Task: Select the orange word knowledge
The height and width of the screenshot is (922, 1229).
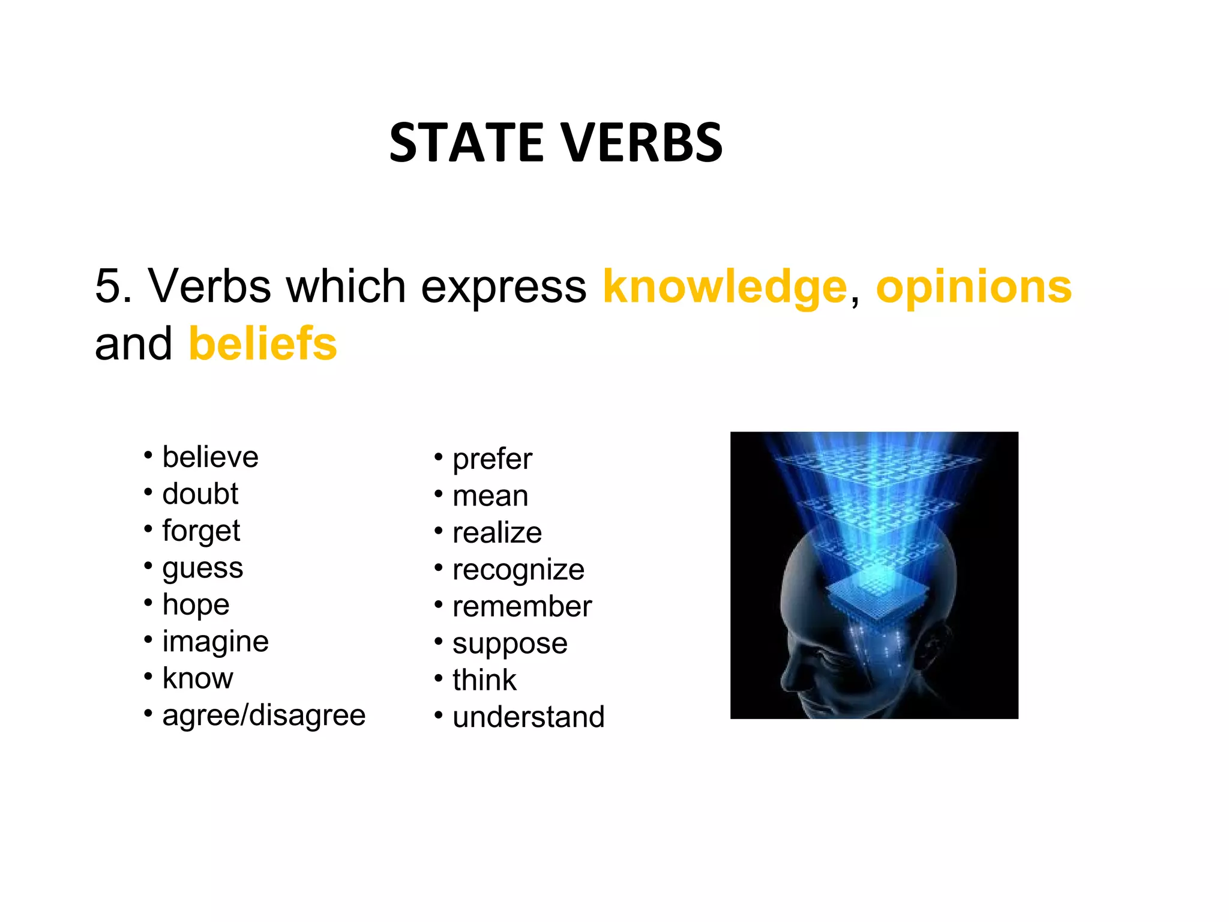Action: pyautogui.click(x=724, y=287)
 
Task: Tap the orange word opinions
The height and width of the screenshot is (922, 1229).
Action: pyautogui.click(x=973, y=287)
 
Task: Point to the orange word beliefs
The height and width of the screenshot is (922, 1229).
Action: pyautogui.click(x=263, y=344)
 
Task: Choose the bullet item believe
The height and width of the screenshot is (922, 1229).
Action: pyautogui.click(x=210, y=457)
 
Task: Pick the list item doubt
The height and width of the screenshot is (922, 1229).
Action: pyautogui.click(x=200, y=494)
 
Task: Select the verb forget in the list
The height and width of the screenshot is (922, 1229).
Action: pyautogui.click(x=201, y=531)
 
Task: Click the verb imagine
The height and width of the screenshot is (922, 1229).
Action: pyautogui.click(x=215, y=642)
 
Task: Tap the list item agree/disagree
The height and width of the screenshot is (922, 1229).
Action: pyautogui.click(x=263, y=716)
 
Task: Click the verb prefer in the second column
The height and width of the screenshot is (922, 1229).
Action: pyautogui.click(x=492, y=459)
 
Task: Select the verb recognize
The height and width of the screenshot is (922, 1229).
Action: pyautogui.click(x=518, y=570)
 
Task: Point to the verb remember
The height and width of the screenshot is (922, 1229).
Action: pyautogui.click(x=522, y=607)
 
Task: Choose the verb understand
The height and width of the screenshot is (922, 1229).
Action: pyautogui.click(x=528, y=717)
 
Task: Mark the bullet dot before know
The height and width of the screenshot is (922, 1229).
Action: pyautogui.click(x=148, y=676)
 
